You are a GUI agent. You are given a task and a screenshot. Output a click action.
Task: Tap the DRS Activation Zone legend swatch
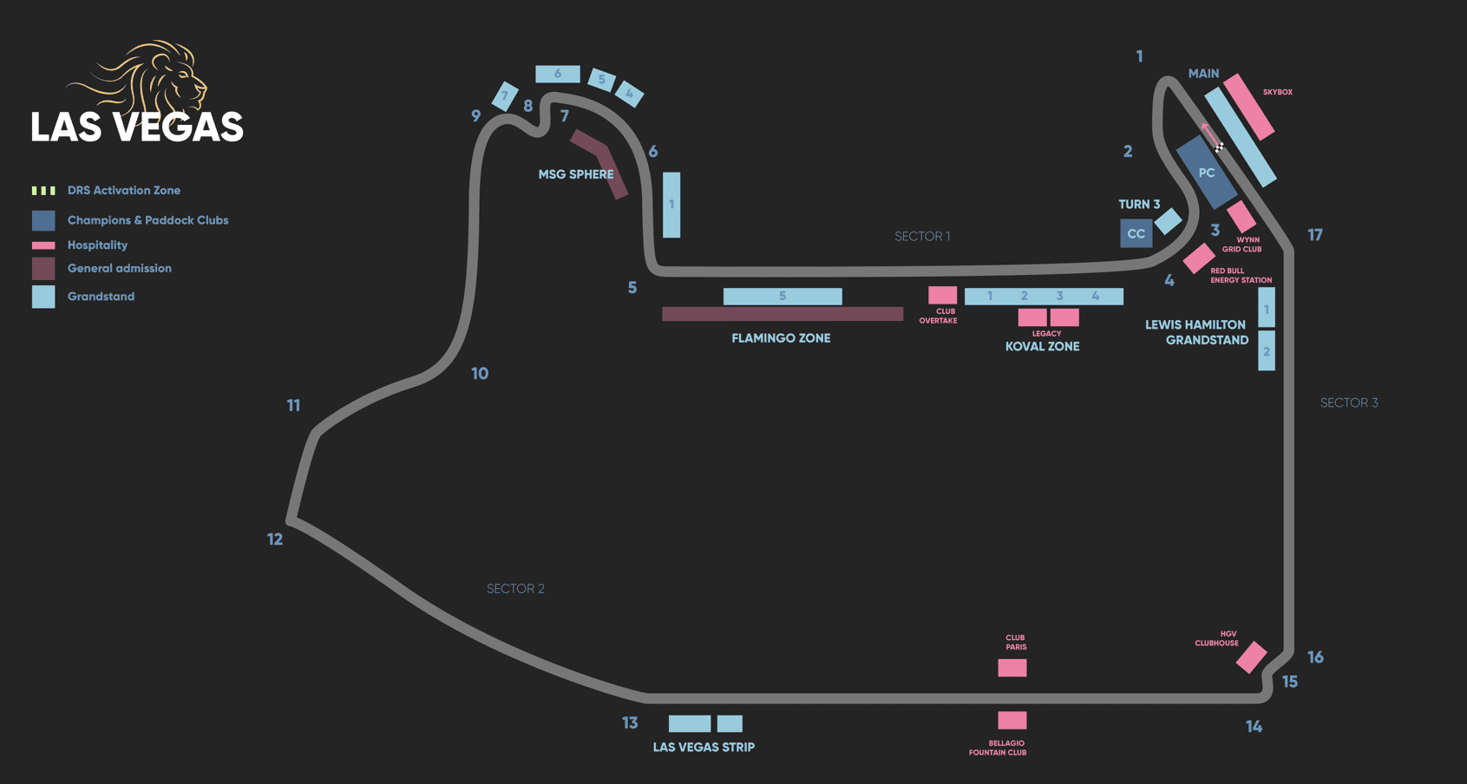click(x=43, y=191)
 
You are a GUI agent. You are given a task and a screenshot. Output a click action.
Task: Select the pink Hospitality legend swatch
click(x=43, y=245)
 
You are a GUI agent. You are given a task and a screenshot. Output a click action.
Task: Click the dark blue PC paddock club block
click(x=1206, y=173)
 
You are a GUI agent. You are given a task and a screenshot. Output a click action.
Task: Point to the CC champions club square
click(x=1136, y=233)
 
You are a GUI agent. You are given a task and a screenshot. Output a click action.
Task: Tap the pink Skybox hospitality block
click(x=1248, y=107)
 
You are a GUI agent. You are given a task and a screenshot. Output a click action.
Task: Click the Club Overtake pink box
click(x=942, y=296)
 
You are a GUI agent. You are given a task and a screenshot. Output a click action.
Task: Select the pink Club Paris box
click(x=1012, y=667)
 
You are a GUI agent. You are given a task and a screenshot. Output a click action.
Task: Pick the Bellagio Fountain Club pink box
click(x=1012, y=720)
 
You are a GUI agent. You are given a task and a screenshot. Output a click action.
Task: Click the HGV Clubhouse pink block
click(x=1251, y=657)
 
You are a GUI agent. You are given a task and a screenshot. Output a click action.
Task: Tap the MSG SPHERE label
click(x=575, y=174)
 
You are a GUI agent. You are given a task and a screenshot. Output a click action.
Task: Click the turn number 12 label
click(x=275, y=539)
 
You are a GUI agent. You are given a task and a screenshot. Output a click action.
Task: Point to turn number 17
click(x=1315, y=235)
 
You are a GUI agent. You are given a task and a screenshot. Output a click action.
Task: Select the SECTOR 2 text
click(x=515, y=589)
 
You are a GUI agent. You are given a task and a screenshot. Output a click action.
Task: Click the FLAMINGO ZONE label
click(x=781, y=338)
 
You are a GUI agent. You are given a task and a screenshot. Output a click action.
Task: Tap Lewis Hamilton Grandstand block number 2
click(x=1267, y=352)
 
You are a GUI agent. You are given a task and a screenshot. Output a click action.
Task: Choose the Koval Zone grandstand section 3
click(x=1059, y=297)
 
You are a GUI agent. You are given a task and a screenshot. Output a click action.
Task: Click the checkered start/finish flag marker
click(x=1219, y=147)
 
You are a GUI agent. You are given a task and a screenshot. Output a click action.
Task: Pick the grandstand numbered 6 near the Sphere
click(x=557, y=74)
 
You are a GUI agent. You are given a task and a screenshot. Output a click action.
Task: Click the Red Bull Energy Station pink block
click(x=1198, y=258)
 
